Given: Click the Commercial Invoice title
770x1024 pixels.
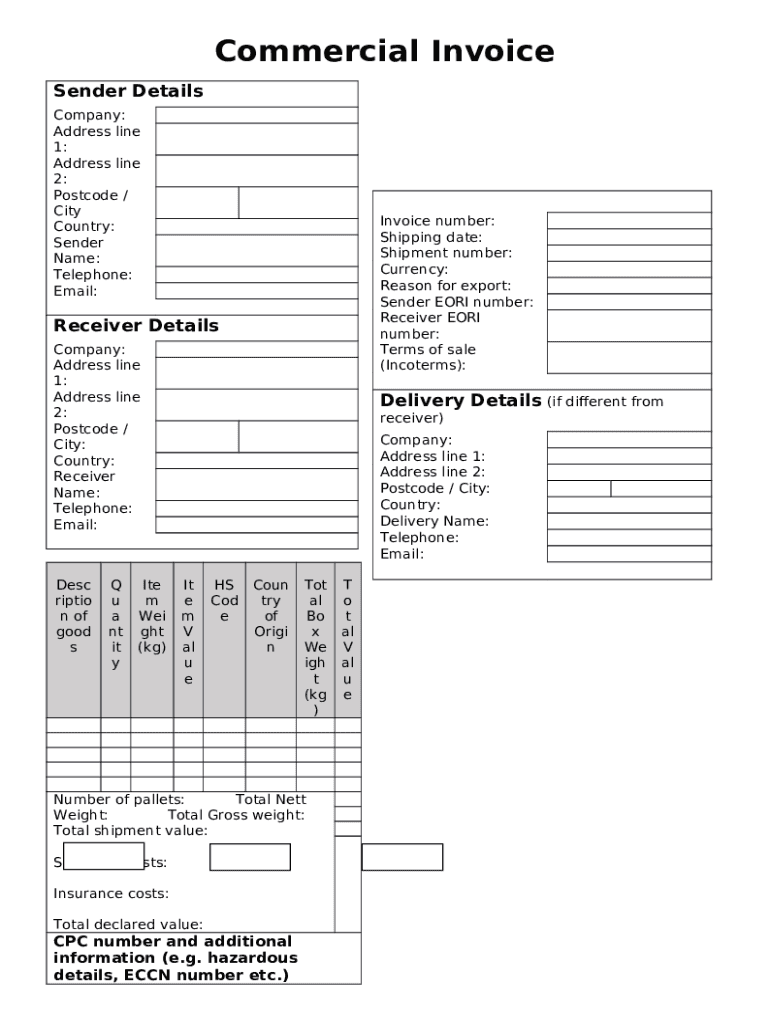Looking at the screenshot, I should (x=384, y=51).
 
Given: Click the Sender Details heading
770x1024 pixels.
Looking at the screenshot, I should (x=128, y=91).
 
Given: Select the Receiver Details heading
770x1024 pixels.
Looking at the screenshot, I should (x=135, y=326).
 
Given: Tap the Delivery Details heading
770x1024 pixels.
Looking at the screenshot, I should (x=460, y=401).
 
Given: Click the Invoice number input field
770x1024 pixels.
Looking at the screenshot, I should (x=628, y=221).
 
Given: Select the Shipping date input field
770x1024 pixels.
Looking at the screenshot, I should (x=628, y=237).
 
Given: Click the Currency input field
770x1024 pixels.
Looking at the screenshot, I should (x=628, y=269).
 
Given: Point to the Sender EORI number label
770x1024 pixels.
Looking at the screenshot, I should (x=456, y=302).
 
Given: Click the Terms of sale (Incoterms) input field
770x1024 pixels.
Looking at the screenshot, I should (x=628, y=357).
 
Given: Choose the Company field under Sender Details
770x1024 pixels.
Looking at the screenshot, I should (x=256, y=115).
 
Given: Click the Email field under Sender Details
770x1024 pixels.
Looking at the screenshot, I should (x=256, y=291).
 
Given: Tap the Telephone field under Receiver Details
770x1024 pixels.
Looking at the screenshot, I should (x=256, y=508).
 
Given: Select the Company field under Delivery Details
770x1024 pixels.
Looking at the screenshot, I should (x=628, y=440).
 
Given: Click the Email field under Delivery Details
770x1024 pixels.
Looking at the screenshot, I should (x=628, y=554).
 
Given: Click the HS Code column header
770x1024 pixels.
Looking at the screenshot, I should (x=224, y=601).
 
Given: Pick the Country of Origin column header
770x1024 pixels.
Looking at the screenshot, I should (x=270, y=616).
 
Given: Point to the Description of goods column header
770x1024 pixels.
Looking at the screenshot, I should (x=73, y=616).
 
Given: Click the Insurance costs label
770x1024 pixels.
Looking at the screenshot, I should (x=111, y=894).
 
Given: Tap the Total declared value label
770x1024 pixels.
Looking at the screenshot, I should (x=128, y=925).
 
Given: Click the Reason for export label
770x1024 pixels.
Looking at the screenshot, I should (x=445, y=286).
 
